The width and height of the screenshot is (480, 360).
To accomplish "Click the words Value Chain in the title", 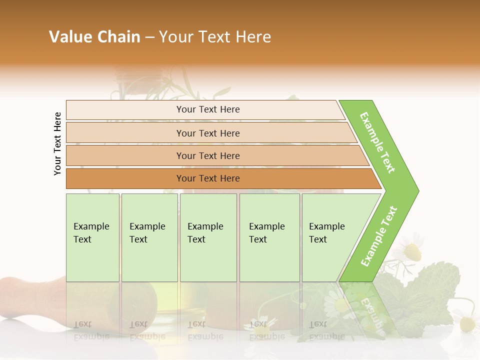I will click(94, 37).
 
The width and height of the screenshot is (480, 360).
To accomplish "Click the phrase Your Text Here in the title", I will click(215, 37).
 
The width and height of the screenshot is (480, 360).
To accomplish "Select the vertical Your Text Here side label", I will click(57, 143).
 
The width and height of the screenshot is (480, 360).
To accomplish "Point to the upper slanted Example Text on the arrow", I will click(378, 142).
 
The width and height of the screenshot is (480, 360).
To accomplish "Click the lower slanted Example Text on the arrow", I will click(379, 236).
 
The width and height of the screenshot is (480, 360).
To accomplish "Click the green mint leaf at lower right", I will click(430, 295).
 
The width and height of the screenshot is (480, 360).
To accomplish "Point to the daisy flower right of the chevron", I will click(413, 251).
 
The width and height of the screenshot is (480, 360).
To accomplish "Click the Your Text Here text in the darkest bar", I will click(208, 178).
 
